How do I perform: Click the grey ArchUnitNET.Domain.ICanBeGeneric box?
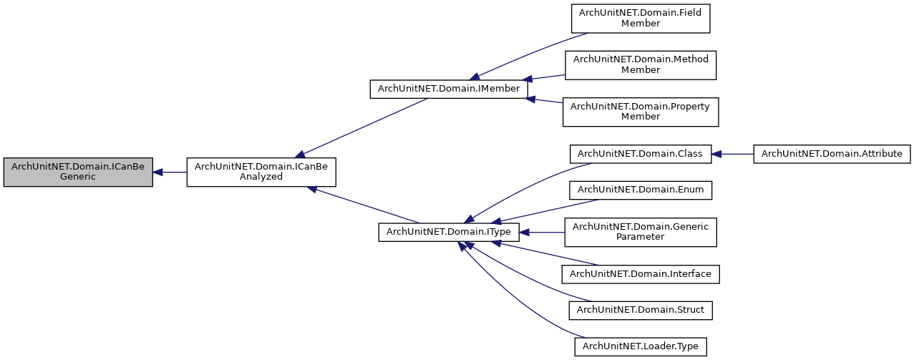[77, 172]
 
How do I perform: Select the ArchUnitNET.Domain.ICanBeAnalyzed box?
[261, 172]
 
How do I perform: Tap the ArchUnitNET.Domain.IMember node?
[448, 89]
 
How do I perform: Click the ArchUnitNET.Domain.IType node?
[448, 232]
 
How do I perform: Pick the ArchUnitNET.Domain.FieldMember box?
[641, 18]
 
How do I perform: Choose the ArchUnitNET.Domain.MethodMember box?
[641, 64]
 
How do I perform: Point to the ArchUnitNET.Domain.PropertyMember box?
[641, 111]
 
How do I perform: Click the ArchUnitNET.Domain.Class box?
[641, 153]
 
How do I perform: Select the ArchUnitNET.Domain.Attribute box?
[831, 153]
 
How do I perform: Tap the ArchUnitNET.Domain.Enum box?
[641, 190]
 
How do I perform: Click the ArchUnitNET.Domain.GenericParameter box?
[641, 232]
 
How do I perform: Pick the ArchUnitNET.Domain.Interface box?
[641, 273]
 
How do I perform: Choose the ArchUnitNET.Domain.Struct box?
[641, 310]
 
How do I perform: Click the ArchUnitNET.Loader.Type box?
[641, 346]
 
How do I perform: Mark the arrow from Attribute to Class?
[733, 153]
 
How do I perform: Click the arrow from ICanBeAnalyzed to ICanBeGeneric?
[170, 172]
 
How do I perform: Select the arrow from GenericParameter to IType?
[542, 232]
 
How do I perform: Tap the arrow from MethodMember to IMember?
[546, 77]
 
